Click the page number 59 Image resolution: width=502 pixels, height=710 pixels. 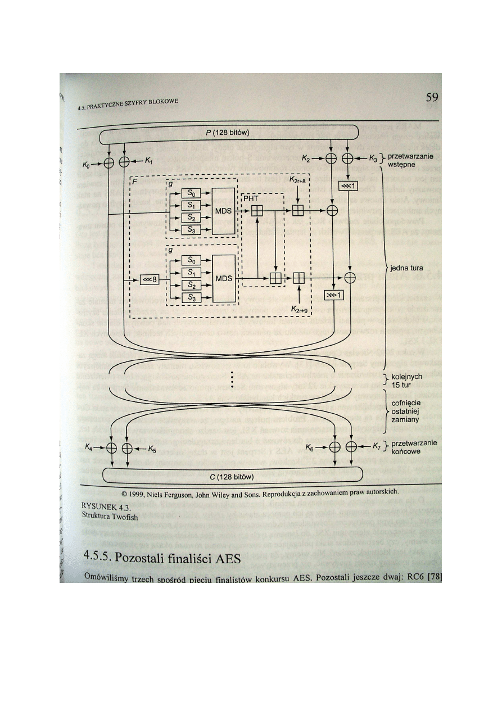[x=431, y=97]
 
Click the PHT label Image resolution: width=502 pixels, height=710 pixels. [x=251, y=198]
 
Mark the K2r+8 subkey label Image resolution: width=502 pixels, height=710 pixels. [x=297, y=180]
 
